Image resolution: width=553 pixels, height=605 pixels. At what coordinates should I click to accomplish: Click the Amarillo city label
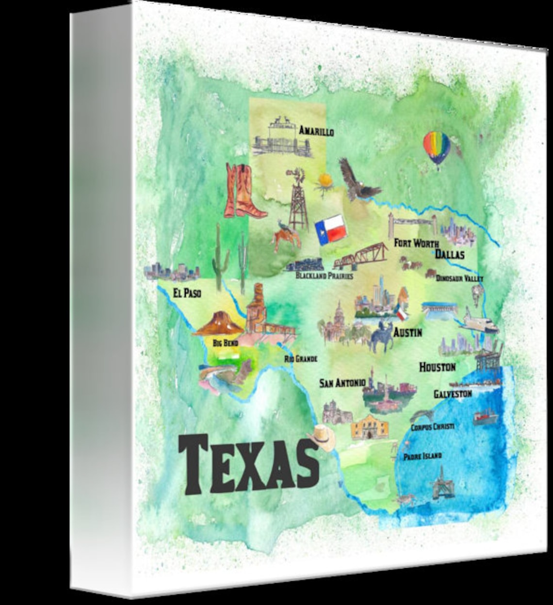click(x=316, y=131)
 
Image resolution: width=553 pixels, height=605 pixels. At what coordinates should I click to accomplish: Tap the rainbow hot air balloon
click(x=437, y=147)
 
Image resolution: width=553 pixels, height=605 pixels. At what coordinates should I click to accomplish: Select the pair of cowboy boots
click(x=243, y=192)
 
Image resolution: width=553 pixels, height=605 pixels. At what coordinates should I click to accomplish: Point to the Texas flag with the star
click(x=330, y=229)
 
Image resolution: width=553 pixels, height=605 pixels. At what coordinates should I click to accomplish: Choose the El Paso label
click(x=187, y=293)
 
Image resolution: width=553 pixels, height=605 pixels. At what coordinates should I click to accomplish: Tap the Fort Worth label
click(x=416, y=243)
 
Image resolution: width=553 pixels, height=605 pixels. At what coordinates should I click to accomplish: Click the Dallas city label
click(x=449, y=254)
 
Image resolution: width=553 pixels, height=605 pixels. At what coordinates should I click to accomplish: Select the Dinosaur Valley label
click(x=459, y=278)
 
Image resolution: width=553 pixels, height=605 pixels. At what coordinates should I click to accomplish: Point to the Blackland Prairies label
click(x=324, y=276)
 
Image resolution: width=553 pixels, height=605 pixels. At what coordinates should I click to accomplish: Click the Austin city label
click(x=407, y=333)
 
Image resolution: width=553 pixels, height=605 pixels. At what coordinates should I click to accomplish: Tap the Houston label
click(x=437, y=367)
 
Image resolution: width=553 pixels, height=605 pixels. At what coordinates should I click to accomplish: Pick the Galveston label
click(x=452, y=393)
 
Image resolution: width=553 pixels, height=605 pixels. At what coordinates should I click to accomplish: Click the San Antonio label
click(x=342, y=383)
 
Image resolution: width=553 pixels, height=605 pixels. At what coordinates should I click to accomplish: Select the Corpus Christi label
click(x=432, y=427)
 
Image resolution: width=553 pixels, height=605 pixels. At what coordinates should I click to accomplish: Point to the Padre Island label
click(x=422, y=456)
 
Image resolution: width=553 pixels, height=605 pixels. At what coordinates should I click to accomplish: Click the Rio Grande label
click(x=300, y=359)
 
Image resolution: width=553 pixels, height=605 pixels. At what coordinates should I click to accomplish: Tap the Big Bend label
click(x=225, y=343)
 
